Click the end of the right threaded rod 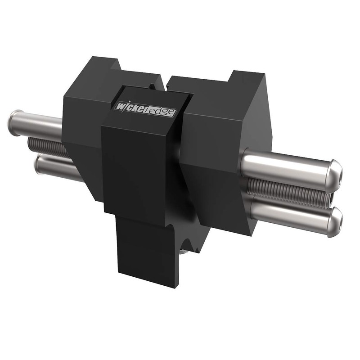[x=330, y=198]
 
